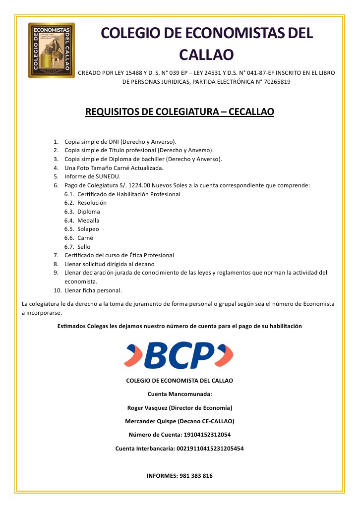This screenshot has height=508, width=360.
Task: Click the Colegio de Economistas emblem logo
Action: [52, 50]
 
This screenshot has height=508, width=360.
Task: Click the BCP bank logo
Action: [179, 355]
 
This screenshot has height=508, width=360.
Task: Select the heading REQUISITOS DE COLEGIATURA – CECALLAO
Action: [180, 112]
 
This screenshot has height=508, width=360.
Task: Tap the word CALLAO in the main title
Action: [206, 54]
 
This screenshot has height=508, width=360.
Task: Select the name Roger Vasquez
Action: [147, 408]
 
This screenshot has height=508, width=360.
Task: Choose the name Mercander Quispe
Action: [150, 421]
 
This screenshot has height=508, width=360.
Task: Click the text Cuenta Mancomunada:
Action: [180, 395]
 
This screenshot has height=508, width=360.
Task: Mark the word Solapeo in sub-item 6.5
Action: [88, 229]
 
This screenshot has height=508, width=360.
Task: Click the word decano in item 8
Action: [146, 264]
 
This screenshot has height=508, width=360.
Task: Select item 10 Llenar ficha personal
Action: [93, 290]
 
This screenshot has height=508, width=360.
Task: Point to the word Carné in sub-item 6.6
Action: [85, 238]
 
